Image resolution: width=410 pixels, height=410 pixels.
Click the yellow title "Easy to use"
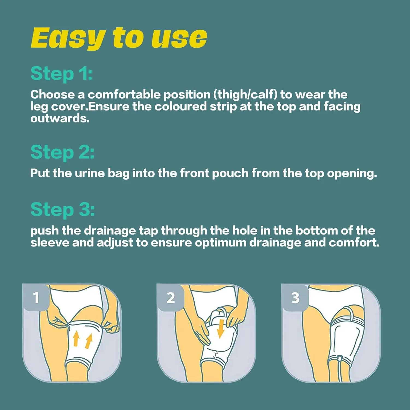pos(119,38)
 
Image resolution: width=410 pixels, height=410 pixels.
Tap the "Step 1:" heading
pos(61,74)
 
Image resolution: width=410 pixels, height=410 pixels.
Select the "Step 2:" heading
pos(62,152)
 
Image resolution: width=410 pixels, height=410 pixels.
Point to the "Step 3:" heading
pos(63,210)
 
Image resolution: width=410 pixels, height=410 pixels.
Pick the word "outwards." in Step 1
pos(60,119)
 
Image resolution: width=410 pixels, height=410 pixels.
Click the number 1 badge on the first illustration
pos(36,297)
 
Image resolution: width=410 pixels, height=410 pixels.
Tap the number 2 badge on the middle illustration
pos(171,298)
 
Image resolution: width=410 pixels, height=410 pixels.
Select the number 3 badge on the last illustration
pos(295,298)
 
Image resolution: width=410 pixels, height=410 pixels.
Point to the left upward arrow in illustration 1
pos(76,338)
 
